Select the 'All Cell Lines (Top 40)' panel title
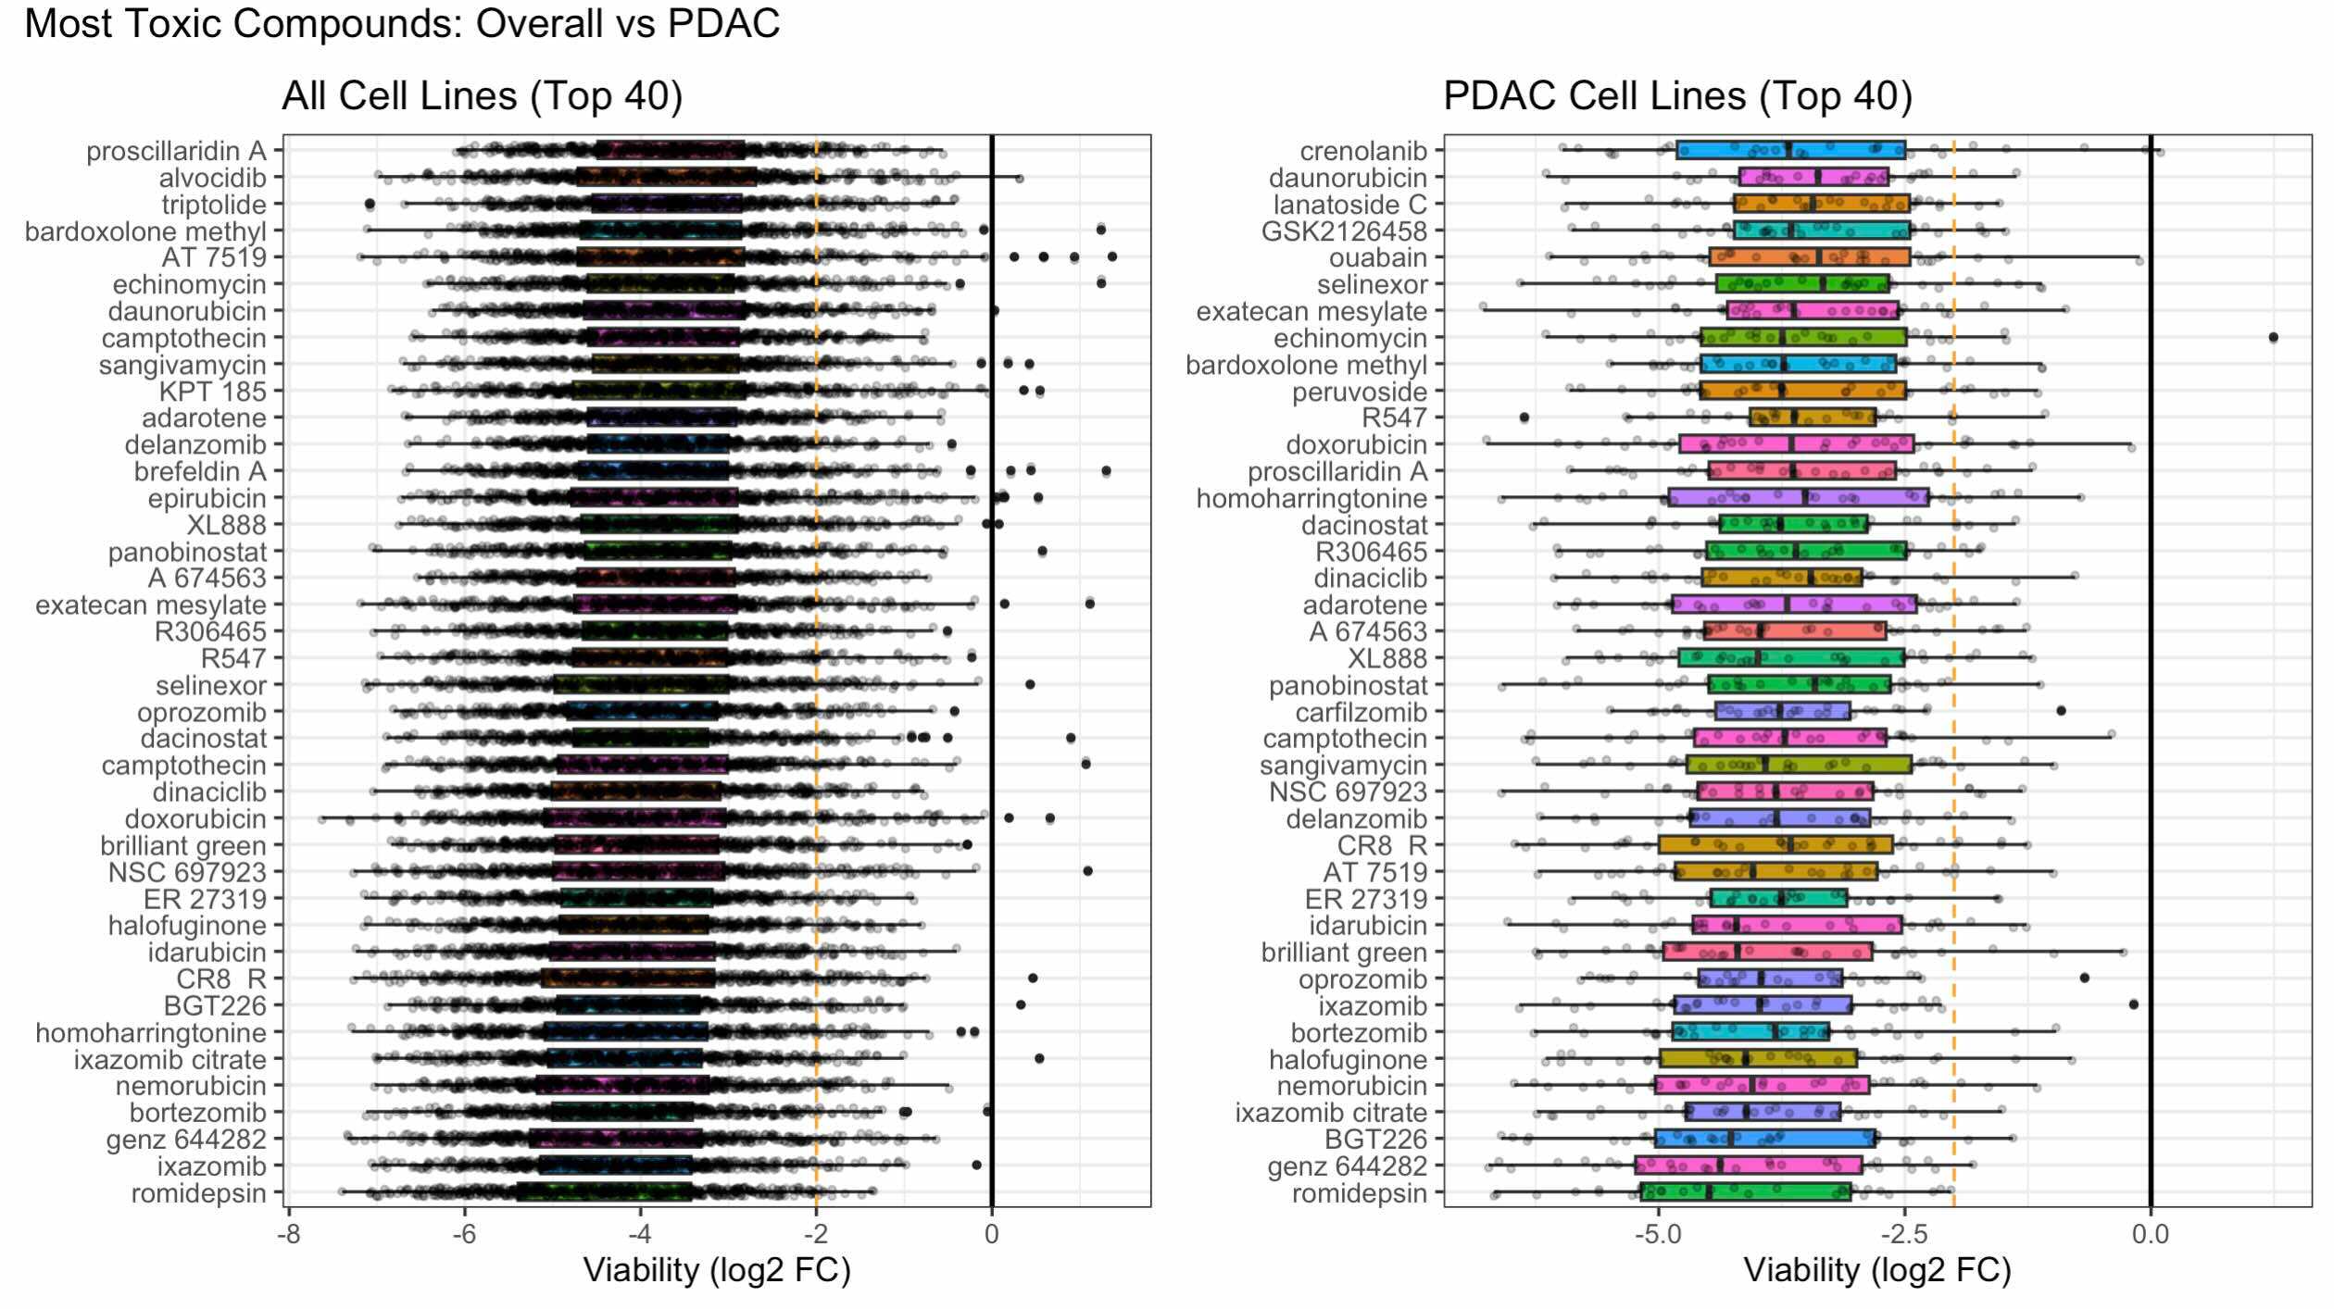[482, 96]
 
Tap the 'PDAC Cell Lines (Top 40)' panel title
[1677, 96]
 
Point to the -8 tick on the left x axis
[289, 1234]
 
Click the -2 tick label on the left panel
[816, 1234]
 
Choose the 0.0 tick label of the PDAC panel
[2150, 1234]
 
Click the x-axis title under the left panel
[716, 1270]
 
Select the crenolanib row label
[1363, 151]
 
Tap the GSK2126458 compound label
[1344, 231]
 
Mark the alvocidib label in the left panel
[212, 178]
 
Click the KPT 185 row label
[212, 392]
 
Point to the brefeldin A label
[200, 472]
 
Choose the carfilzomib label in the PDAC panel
[1361, 712]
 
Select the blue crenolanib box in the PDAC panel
[1790, 151]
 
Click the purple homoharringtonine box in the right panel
[1798, 498]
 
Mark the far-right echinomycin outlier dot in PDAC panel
[2273, 337]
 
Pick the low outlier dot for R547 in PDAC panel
[1524, 418]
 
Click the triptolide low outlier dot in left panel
[370, 204]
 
